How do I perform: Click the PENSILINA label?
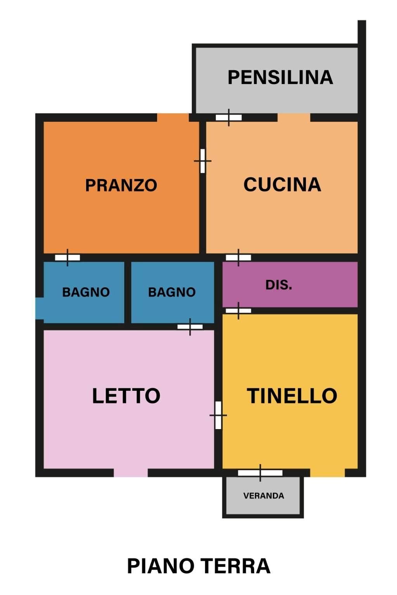point(280,77)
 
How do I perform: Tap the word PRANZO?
point(121,185)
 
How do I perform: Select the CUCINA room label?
point(282,185)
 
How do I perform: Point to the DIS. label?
point(279,285)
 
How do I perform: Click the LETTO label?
point(126,396)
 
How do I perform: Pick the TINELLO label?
point(292,396)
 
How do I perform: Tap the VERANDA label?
point(264,496)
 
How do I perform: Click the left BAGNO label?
point(86,292)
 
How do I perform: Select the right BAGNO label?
point(172,292)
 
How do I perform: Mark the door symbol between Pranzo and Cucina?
point(203,161)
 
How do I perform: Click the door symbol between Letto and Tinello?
point(218,415)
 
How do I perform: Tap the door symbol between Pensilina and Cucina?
point(229,117)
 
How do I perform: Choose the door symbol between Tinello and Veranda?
point(260,473)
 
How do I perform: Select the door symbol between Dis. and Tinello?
point(238,310)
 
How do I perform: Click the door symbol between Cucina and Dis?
point(238,257)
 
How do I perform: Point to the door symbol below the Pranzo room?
point(68,257)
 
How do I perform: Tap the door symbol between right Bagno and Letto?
point(190,327)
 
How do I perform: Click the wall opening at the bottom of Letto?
point(131,473)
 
